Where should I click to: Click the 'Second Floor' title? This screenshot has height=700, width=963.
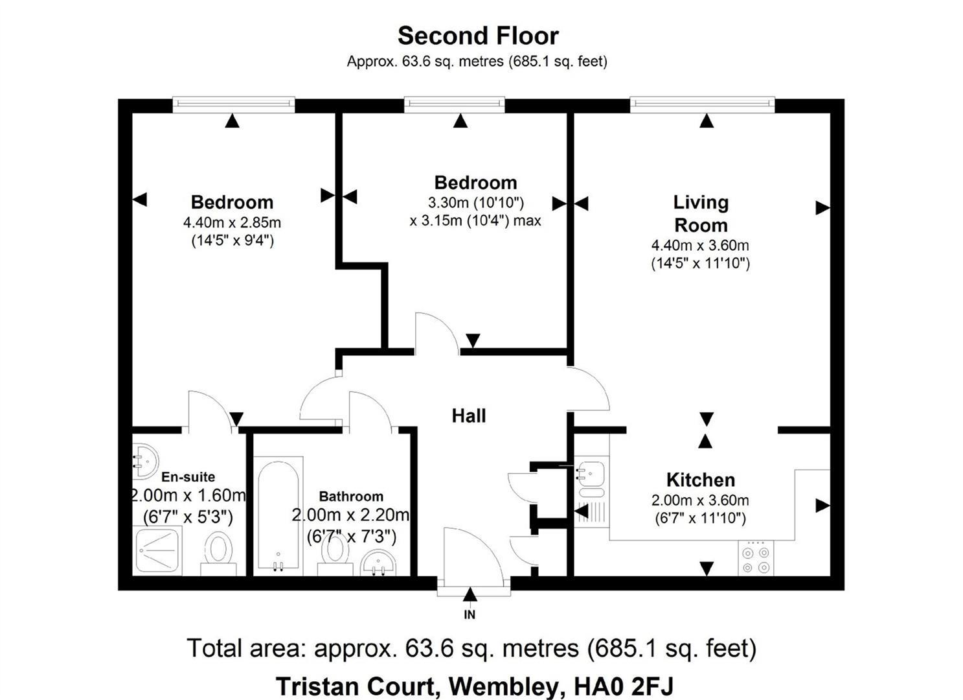coord(478,36)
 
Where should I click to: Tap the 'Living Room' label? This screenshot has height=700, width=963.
coord(701,214)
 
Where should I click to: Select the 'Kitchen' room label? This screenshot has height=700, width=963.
coord(701,480)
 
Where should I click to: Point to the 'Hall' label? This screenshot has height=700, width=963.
coord(468,415)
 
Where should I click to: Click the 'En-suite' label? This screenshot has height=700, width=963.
coord(188,477)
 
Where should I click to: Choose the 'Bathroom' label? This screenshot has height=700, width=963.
coord(351,496)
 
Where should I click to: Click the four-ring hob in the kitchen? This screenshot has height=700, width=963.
coord(756,559)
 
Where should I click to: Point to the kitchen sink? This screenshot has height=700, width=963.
coord(589,472)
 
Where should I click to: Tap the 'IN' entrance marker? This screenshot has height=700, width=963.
coord(470,614)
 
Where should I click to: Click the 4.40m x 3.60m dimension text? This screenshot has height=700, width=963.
coord(700,246)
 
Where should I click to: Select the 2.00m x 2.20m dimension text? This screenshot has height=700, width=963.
coord(350,516)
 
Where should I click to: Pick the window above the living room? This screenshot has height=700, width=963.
coord(702,104)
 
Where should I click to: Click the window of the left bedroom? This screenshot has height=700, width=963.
coord(233,104)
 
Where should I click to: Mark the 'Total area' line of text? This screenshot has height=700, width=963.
coord(471,648)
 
